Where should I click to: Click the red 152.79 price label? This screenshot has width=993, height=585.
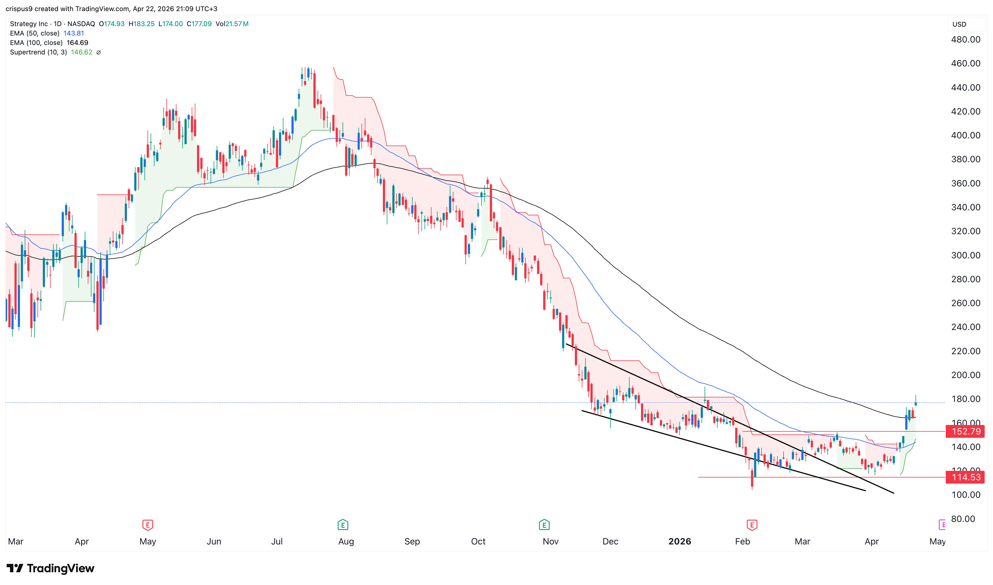point(965,431)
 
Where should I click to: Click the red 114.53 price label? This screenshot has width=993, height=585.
point(965,477)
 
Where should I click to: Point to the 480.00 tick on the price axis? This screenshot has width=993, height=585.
point(965,39)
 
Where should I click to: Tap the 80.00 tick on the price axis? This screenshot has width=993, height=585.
point(963,519)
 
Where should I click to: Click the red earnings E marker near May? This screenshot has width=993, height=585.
point(148,525)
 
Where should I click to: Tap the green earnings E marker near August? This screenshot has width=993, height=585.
point(343,525)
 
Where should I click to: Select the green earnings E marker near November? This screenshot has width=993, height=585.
point(544,525)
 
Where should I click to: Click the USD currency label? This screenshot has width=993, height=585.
point(959,24)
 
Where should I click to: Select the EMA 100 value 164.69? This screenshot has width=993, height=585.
point(77,42)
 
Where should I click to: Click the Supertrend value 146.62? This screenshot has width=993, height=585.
point(82,52)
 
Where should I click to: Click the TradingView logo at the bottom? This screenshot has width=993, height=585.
point(51,568)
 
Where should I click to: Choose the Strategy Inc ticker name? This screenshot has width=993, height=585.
point(29,24)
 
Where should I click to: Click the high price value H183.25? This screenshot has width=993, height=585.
point(141,24)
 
